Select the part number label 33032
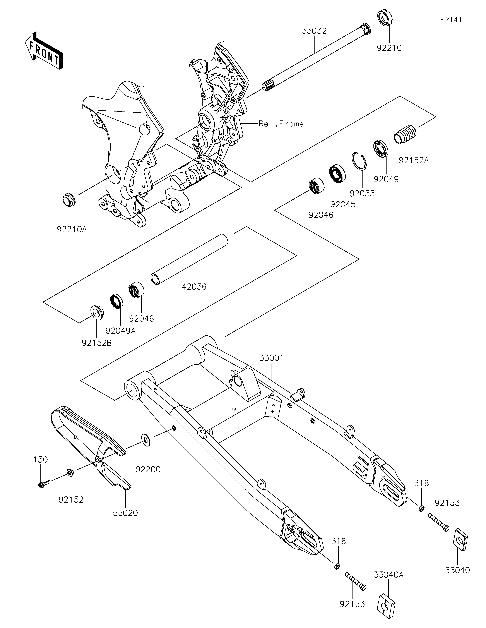(x=314, y=31)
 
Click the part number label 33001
(x=272, y=358)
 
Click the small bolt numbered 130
(x=44, y=484)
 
